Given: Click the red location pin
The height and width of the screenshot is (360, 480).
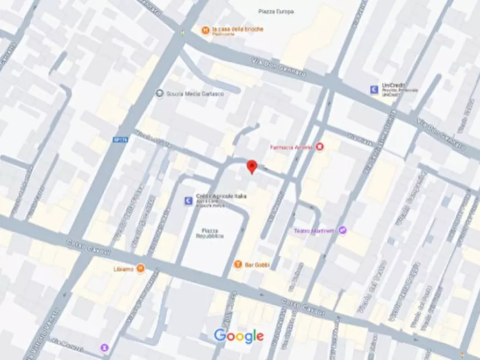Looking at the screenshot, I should click(250, 166).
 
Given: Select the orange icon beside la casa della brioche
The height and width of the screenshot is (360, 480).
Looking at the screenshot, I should click(205, 31).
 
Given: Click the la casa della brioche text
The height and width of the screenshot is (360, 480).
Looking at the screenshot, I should click(238, 29).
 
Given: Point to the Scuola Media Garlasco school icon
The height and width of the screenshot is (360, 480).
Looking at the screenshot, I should click(160, 93).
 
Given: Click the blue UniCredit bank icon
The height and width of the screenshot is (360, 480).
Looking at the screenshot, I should click(374, 89).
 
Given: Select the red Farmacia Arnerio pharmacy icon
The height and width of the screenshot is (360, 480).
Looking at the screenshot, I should click(320, 147).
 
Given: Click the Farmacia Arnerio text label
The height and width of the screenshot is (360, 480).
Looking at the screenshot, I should click(291, 147).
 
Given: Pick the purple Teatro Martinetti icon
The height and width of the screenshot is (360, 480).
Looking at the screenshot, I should click(342, 231).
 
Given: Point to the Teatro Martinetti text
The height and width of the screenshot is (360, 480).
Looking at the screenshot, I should click(314, 231).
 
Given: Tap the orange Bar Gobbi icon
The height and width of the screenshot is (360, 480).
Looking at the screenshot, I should click(238, 264).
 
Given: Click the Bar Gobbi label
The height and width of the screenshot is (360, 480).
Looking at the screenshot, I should click(259, 264).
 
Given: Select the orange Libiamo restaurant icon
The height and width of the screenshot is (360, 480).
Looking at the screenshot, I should click(140, 268).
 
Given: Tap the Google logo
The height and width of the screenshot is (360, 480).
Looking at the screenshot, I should click(239, 336).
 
